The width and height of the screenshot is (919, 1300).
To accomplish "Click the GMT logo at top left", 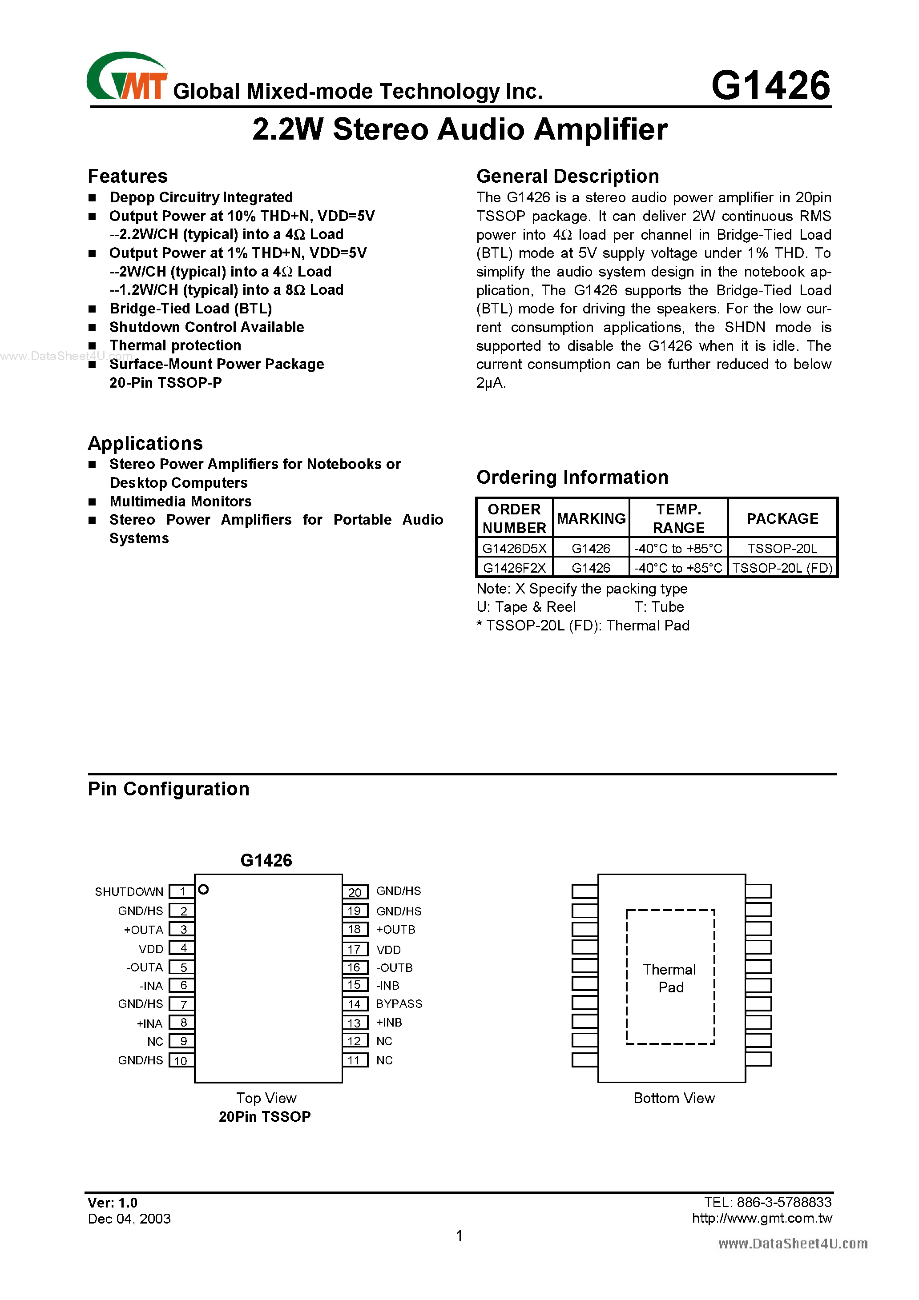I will pyautogui.click(x=127, y=77).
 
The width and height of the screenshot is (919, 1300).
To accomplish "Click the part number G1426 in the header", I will pyautogui.click(x=770, y=86).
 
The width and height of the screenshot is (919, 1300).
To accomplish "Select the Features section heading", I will pyautogui.click(x=128, y=176).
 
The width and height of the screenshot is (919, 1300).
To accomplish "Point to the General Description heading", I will pyautogui.click(x=567, y=176).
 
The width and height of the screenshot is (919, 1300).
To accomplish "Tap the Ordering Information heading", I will pyautogui.click(x=572, y=477).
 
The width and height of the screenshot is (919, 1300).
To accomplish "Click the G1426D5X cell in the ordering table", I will pyautogui.click(x=514, y=548).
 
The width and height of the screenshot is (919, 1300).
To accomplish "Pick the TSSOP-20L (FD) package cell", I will pyautogui.click(x=782, y=568).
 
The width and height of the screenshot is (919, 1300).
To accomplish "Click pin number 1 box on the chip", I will pyautogui.click(x=182, y=892).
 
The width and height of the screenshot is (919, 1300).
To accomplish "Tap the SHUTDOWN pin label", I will pyautogui.click(x=129, y=892).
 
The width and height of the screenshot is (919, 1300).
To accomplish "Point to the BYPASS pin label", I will pyautogui.click(x=399, y=1004).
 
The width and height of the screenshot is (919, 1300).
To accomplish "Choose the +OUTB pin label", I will pyautogui.click(x=395, y=930).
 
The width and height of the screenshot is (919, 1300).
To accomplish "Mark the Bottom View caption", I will pyautogui.click(x=673, y=1098).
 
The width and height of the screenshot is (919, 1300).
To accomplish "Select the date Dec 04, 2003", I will pyautogui.click(x=129, y=1219).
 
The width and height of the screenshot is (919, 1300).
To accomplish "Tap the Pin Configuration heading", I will pyautogui.click(x=168, y=789).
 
